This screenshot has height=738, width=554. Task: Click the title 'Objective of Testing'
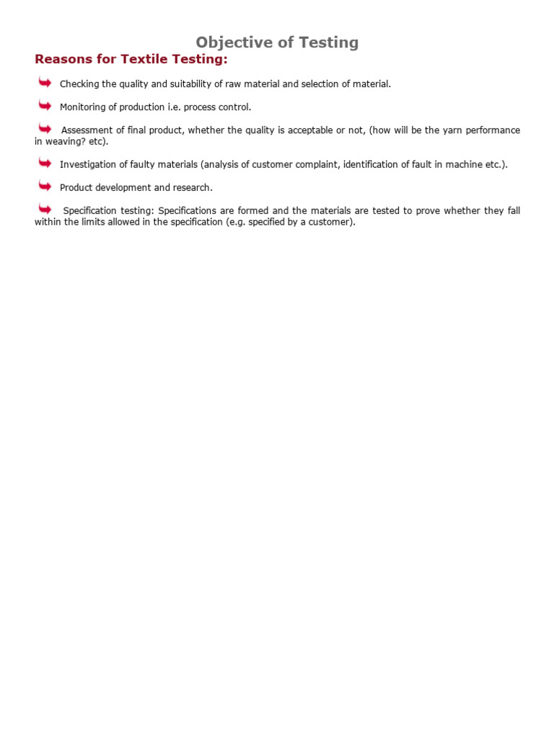click(277, 43)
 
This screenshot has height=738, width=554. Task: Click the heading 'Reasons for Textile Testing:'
click(131, 59)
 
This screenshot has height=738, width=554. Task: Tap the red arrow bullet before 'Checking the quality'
click(45, 83)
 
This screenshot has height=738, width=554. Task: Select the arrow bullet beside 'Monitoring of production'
click(45, 106)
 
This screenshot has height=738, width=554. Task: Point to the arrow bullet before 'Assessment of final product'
click(45, 128)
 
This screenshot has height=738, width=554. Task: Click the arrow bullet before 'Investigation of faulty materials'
click(45, 163)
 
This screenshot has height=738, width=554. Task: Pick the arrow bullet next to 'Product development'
click(45, 186)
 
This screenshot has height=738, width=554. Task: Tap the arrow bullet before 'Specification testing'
click(45, 209)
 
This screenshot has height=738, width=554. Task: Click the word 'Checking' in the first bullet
click(79, 84)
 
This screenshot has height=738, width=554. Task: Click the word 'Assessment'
click(87, 130)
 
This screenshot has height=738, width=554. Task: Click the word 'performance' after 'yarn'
click(493, 130)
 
